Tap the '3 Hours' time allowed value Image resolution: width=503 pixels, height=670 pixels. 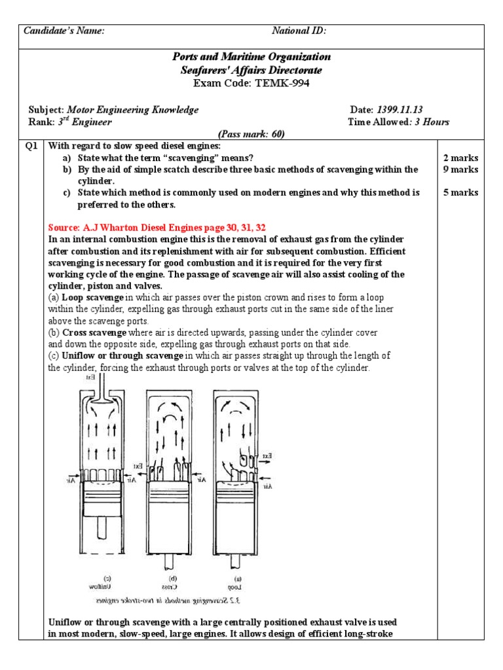coord(431,122)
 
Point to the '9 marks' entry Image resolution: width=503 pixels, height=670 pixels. coord(460,169)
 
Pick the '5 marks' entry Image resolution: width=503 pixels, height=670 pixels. coord(460,192)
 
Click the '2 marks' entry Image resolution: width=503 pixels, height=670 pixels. coord(460,158)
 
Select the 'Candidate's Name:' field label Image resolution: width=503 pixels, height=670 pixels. coord(64,31)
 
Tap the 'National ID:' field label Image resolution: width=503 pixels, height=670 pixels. coord(299,31)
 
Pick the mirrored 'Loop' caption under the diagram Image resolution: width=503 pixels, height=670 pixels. coord(237,586)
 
